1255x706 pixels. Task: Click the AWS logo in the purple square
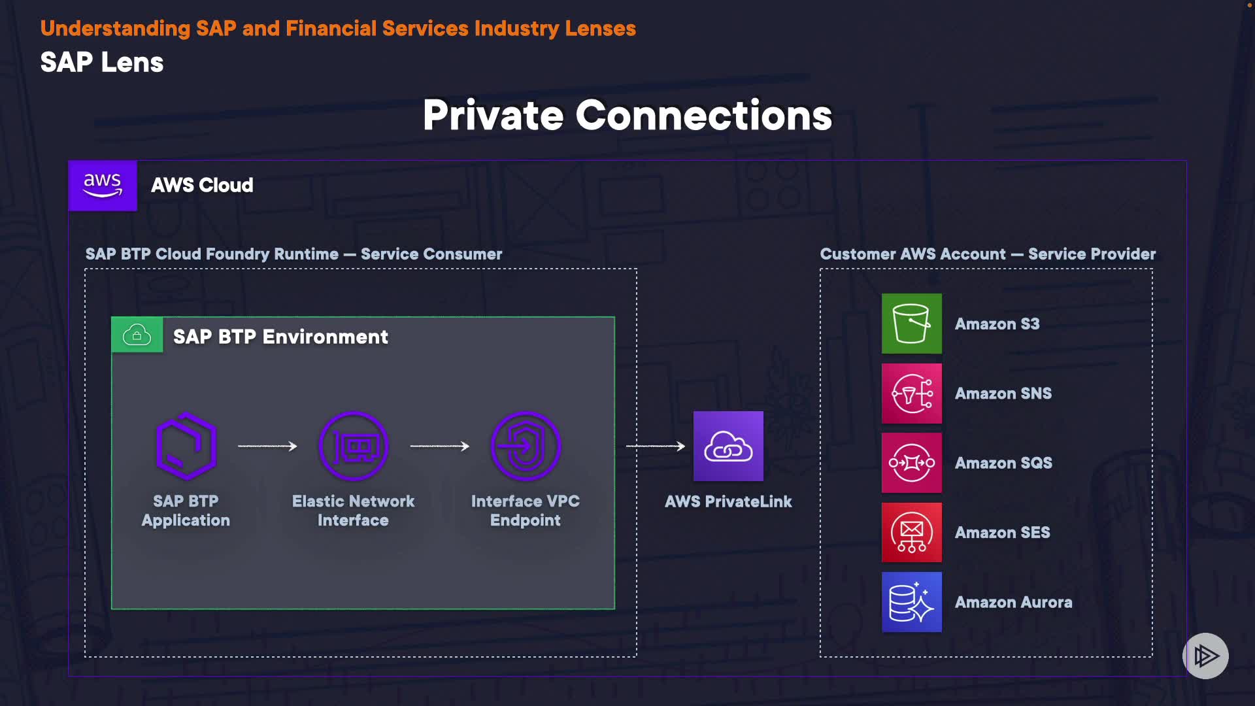[x=103, y=186]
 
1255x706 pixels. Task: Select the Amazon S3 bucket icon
[x=911, y=324]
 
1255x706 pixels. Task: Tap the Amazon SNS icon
[x=911, y=394]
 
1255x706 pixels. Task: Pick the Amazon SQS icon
[x=911, y=463]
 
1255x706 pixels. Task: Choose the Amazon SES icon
[x=911, y=533]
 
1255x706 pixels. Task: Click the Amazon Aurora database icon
[x=911, y=602]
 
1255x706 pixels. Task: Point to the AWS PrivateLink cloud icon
[x=728, y=446]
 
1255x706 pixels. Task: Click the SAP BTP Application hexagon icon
[x=186, y=446]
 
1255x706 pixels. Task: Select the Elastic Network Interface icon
[x=354, y=446]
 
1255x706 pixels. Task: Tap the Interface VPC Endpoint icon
[x=526, y=446]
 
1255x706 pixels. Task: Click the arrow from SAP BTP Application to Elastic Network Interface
[x=267, y=446]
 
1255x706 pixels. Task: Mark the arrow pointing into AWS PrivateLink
[x=655, y=446]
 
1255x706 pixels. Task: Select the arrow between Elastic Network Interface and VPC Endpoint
[x=440, y=446]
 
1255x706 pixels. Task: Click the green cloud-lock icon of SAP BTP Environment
[x=137, y=335]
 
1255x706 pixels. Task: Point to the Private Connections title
[x=627, y=116]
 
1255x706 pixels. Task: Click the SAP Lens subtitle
[x=102, y=63]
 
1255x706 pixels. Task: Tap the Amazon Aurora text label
[x=1013, y=602]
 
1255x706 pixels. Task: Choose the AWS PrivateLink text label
[x=728, y=501]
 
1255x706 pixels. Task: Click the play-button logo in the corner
[x=1205, y=656]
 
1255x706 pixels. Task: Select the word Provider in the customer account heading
[x=1125, y=254]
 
